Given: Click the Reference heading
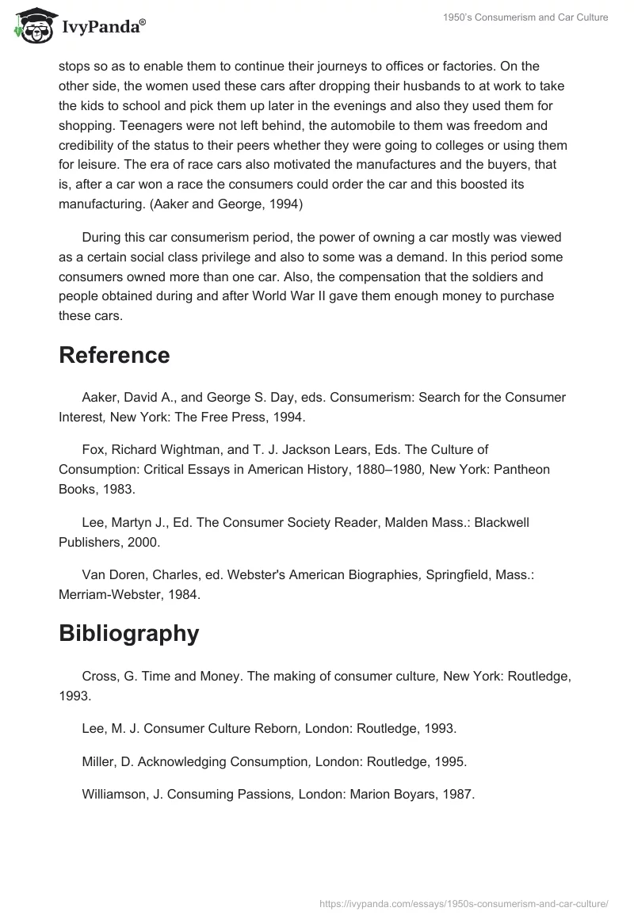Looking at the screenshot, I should pyautogui.click(x=114, y=355).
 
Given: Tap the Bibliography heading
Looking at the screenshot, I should pyautogui.click(x=128, y=633).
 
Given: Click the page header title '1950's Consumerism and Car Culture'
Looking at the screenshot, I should pyautogui.click(x=526, y=17).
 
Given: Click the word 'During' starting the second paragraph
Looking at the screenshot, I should pyautogui.click(x=102, y=238).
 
